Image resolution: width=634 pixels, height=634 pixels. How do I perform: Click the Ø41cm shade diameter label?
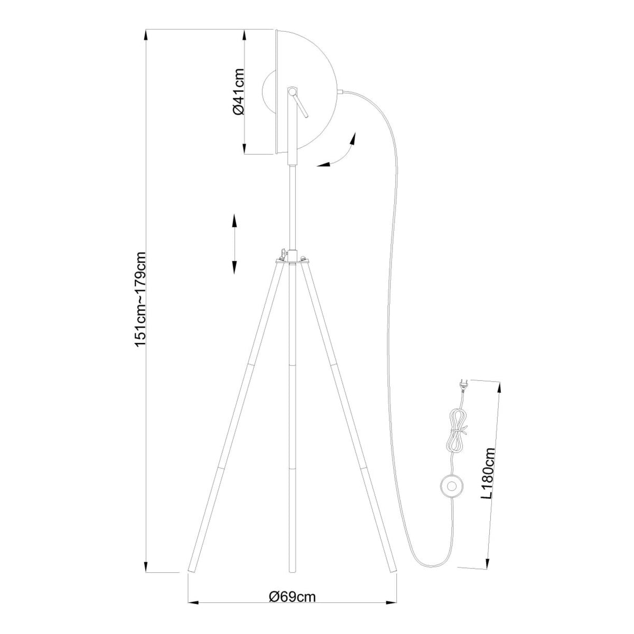tap(238, 91)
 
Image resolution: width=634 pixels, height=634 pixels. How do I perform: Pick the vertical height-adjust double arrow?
tap(234, 244)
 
